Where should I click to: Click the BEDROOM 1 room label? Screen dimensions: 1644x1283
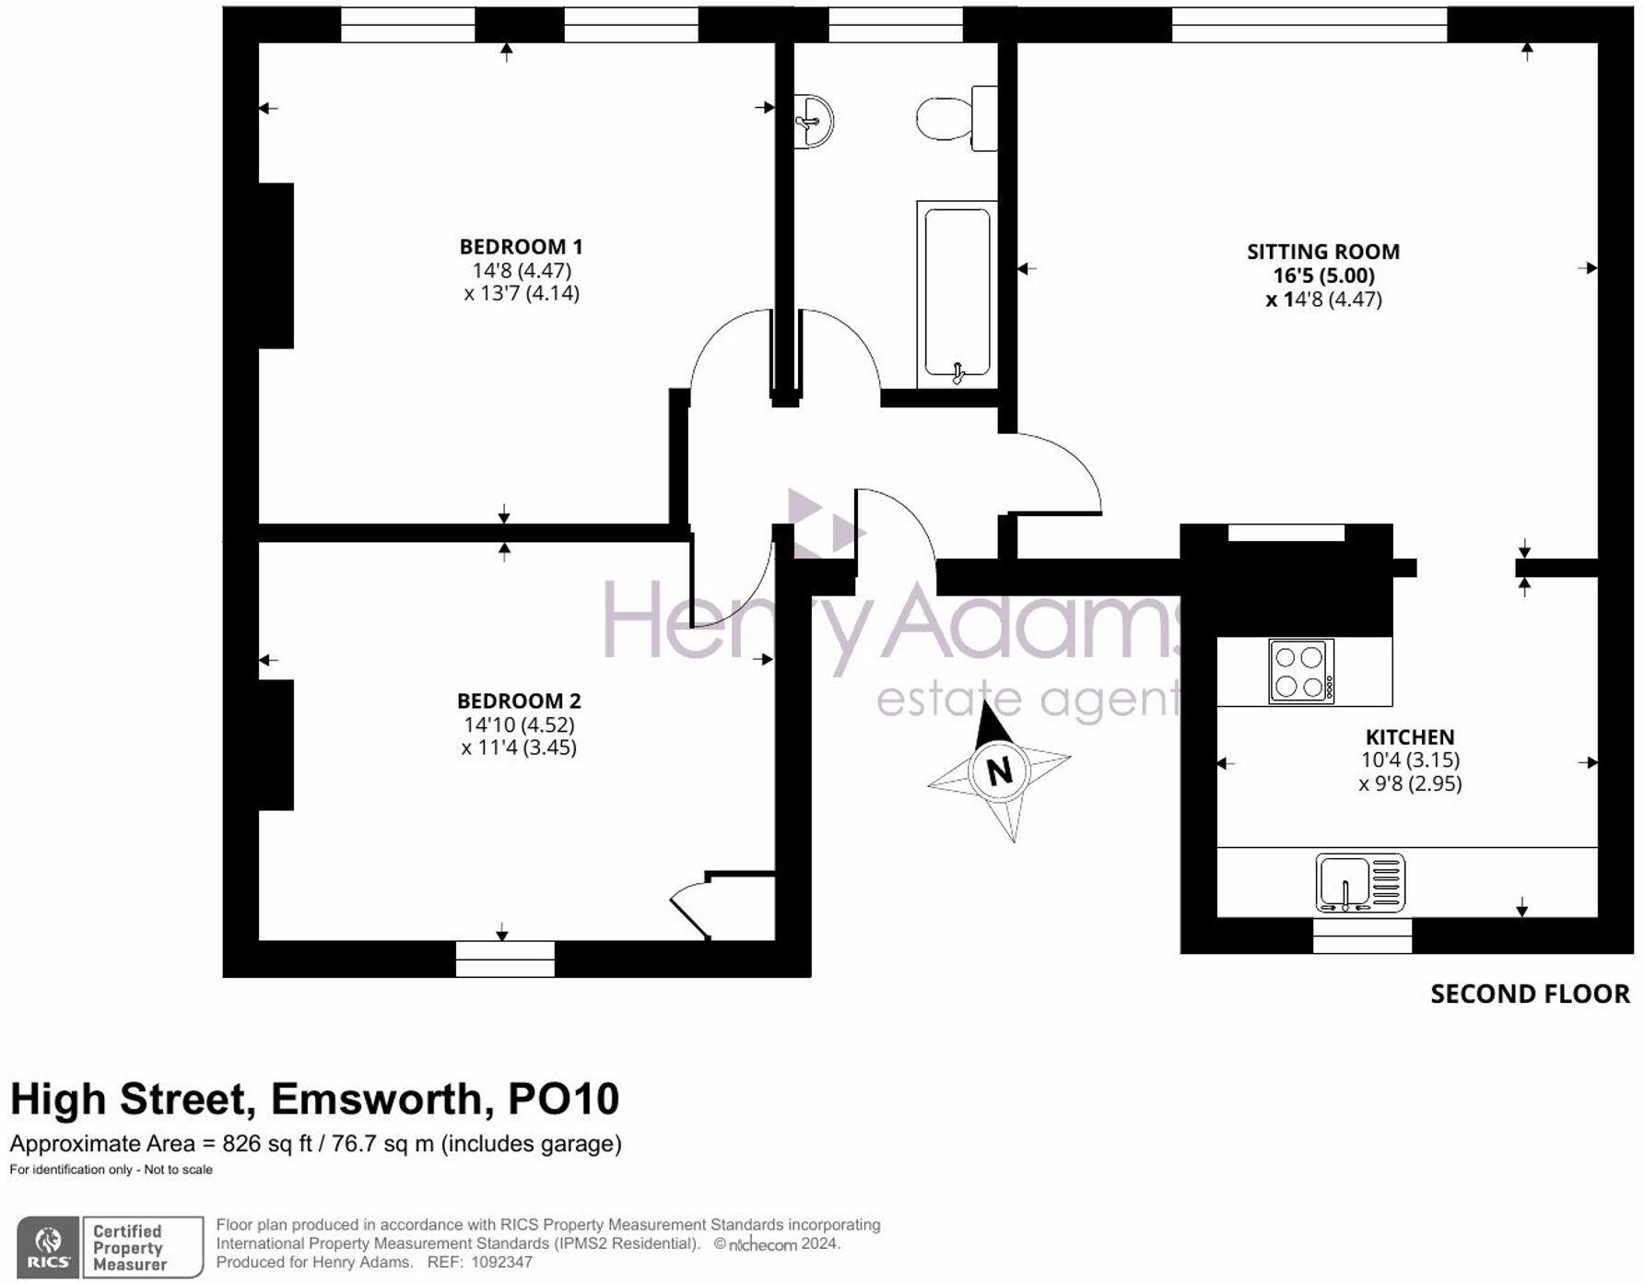521,247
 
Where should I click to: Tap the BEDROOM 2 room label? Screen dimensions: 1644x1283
519,701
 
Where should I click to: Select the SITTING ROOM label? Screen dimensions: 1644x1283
1323,252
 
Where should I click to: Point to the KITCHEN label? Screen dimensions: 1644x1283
1410,737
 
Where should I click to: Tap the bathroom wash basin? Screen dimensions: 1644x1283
815,121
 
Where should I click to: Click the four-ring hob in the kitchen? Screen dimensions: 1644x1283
1301,672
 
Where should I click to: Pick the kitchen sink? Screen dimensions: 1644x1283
1360,883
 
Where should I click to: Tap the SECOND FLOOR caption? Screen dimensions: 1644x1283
1530,994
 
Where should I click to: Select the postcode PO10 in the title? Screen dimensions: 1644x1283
564,1099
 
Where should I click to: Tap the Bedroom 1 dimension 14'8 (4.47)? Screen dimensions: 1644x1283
522,270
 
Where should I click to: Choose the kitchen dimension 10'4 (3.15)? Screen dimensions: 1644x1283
1410,760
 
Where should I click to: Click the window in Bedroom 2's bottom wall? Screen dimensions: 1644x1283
505,959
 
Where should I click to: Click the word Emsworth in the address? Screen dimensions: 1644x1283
376,1099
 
